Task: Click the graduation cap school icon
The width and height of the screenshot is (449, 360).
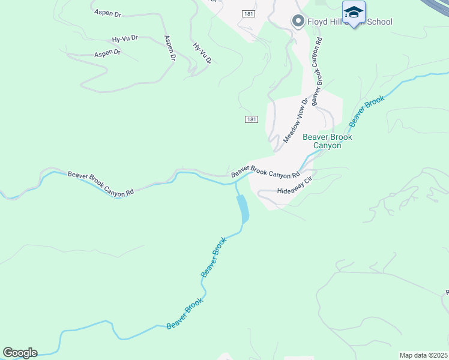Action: (354, 13)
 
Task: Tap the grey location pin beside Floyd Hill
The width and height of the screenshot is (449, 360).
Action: (298, 22)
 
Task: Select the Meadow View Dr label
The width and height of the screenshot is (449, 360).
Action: (295, 119)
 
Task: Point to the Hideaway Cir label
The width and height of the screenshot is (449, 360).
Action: (296, 186)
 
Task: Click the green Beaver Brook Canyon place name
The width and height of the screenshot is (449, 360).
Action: (327, 141)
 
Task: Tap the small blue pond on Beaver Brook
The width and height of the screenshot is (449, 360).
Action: (243, 209)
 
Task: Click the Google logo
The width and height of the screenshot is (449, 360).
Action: (20, 353)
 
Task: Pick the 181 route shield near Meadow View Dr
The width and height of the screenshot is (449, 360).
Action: (252, 120)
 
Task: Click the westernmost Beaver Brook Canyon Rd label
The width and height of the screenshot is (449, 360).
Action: (100, 184)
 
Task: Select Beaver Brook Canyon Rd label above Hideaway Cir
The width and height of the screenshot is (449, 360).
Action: (265, 172)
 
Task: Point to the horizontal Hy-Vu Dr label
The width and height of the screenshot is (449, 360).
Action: (125, 39)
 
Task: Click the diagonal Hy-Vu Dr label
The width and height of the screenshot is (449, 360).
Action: (202, 53)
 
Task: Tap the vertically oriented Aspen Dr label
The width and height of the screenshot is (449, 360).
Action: (169, 48)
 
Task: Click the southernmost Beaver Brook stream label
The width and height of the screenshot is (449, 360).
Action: (185, 313)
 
